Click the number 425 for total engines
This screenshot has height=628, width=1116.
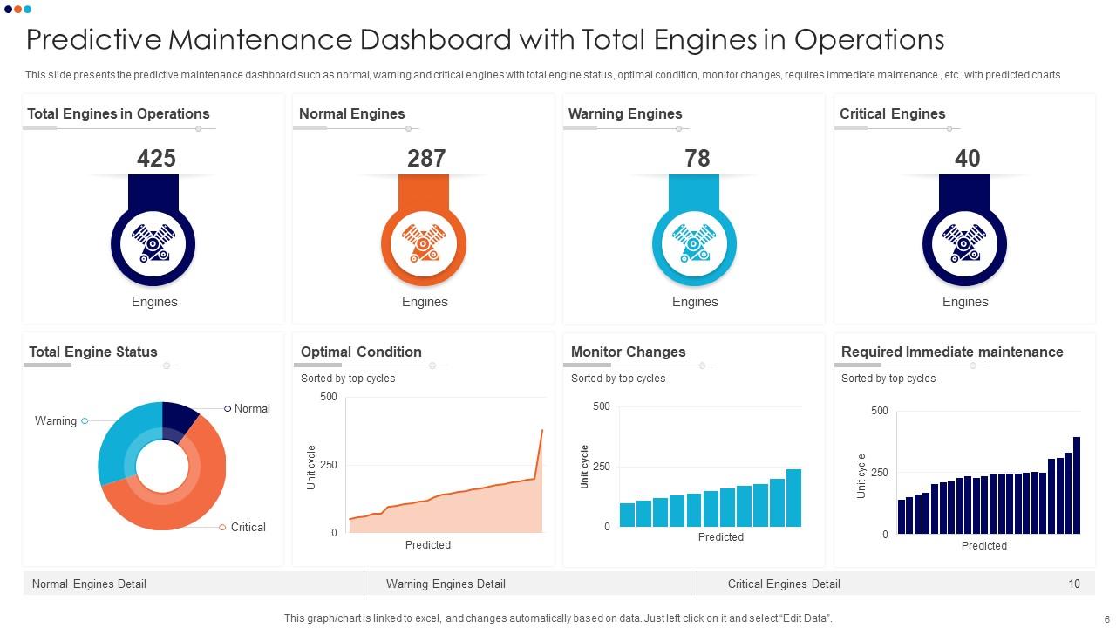156,158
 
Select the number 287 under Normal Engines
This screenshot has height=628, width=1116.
426,158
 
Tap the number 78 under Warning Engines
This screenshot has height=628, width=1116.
697,158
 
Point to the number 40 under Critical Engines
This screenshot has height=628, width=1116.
967,158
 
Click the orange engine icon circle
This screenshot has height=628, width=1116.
424,244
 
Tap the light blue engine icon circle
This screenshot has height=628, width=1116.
694,244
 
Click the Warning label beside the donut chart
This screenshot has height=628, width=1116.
56,420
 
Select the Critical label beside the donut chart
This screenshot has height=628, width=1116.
248,527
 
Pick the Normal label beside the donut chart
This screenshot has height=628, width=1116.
252,408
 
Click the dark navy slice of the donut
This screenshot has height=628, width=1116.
179,417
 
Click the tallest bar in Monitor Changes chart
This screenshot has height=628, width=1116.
793,498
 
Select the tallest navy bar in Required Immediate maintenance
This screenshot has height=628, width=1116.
1077,485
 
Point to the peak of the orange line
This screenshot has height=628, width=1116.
541,430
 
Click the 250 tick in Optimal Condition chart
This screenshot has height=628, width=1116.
328,465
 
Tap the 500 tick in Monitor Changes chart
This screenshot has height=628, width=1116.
601,406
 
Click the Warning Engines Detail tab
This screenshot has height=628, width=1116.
446,584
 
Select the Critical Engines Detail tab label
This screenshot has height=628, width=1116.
784,584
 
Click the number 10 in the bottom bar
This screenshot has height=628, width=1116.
1074,584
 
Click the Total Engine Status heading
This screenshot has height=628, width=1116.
93,352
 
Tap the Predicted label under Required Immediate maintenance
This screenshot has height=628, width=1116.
983,546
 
